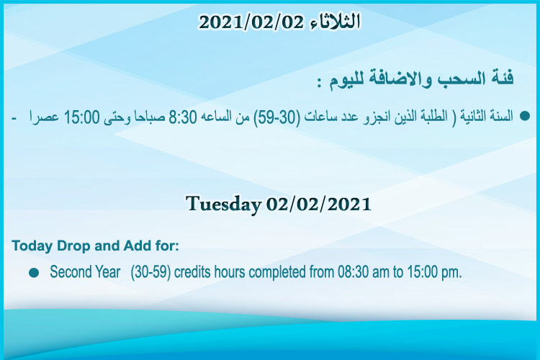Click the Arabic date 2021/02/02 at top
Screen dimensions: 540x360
[251, 22]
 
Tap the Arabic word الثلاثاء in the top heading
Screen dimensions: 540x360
[335, 22]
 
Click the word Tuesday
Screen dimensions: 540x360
[223, 204]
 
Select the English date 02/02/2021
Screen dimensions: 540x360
[318, 204]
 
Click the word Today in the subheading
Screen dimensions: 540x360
[32, 246]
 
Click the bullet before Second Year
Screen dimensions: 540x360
[34, 273]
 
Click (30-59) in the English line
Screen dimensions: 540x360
[151, 272]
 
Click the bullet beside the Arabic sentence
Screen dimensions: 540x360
[524, 116]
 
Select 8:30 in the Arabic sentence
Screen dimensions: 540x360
[183, 117]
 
